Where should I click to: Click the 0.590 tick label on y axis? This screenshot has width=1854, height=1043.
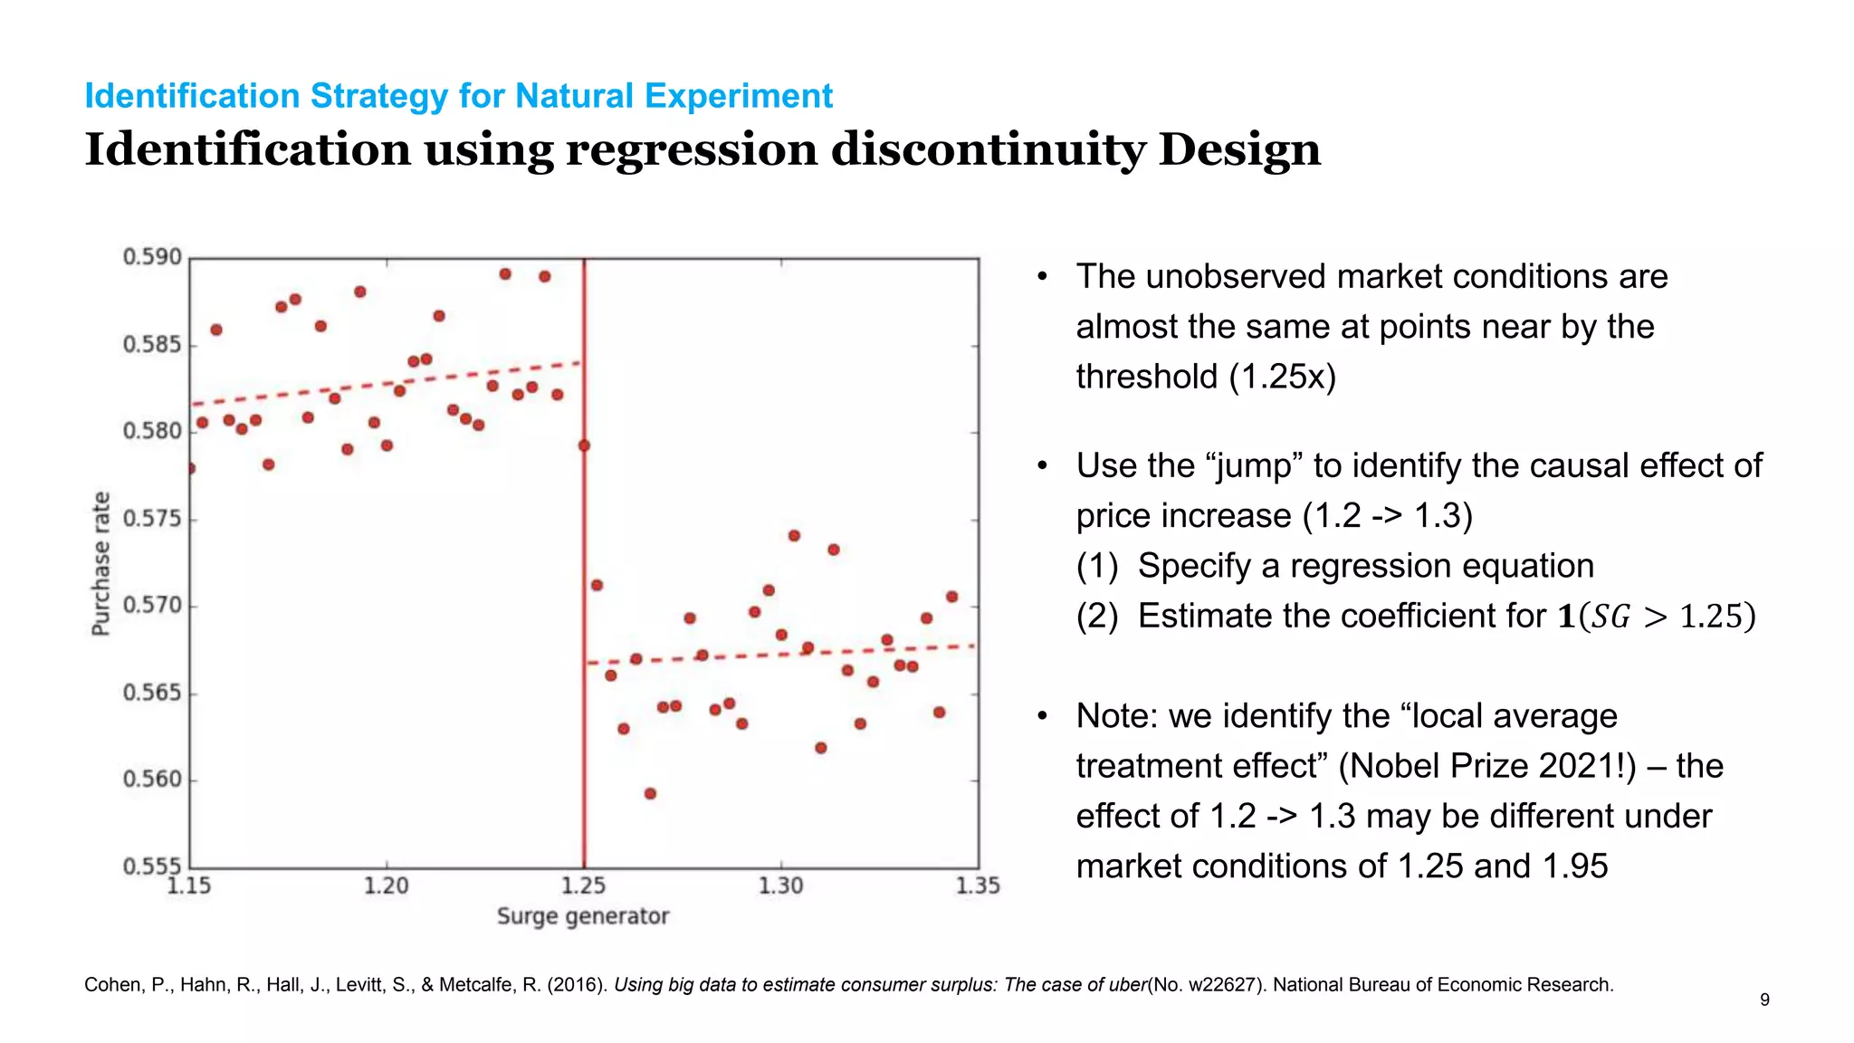[x=152, y=257]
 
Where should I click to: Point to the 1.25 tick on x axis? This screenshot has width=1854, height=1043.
[x=584, y=885]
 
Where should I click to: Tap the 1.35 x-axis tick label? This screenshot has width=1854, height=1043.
[x=978, y=885]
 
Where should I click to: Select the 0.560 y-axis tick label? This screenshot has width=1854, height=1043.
[x=152, y=779]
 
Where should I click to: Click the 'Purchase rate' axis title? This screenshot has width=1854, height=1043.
[x=101, y=563]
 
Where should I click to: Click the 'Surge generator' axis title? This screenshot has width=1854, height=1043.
[x=583, y=916]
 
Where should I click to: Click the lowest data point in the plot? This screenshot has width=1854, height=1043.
[x=650, y=793]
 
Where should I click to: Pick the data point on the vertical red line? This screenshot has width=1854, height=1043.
[x=584, y=445]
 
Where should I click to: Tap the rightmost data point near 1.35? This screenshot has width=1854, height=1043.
[x=951, y=597]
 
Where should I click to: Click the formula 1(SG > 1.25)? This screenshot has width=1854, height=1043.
[x=1657, y=617]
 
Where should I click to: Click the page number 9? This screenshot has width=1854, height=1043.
[x=1764, y=1000]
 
